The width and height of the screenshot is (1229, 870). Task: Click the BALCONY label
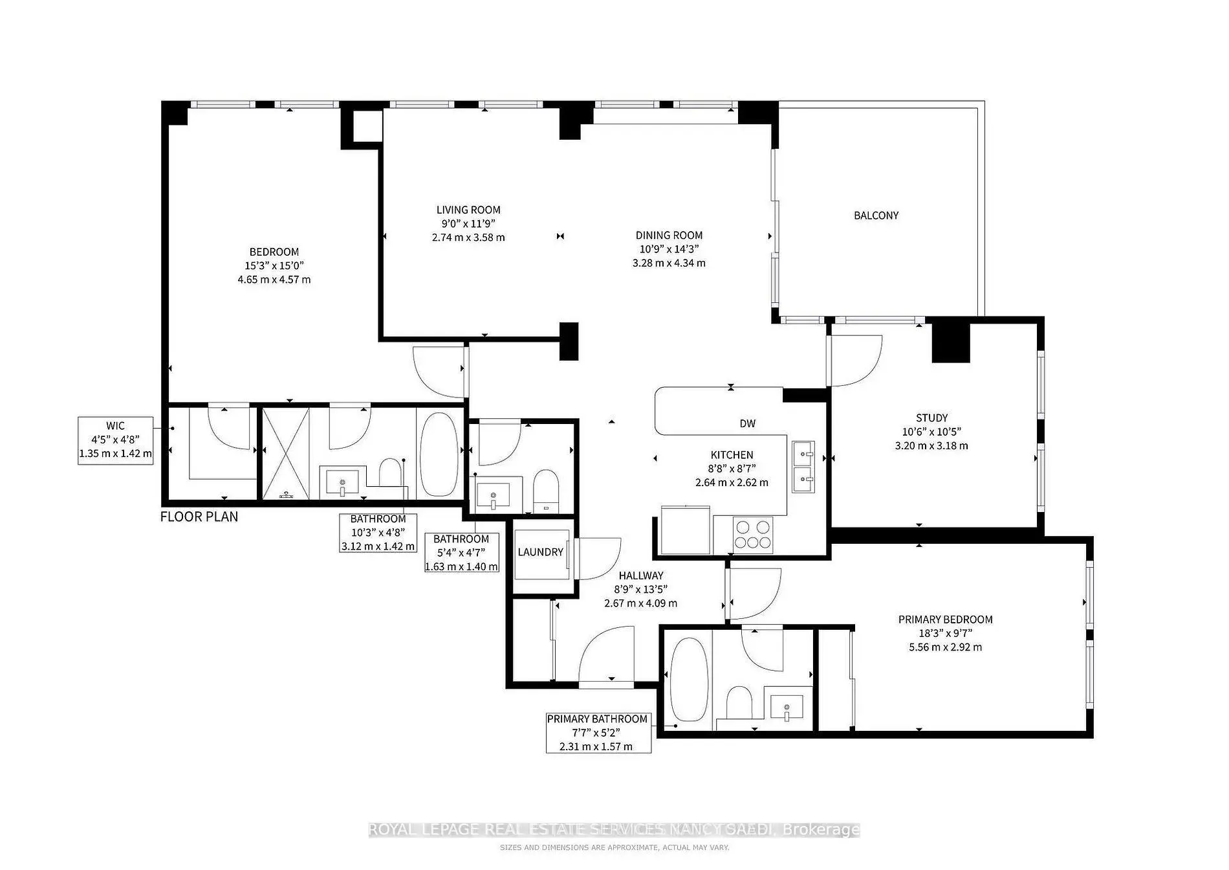(876, 216)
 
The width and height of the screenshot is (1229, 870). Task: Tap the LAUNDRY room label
(540, 552)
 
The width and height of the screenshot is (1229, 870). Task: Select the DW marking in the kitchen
(747, 424)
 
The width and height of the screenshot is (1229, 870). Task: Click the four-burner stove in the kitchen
(753, 535)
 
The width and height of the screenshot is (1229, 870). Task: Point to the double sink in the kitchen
(803, 467)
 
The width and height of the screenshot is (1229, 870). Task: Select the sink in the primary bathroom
(787, 707)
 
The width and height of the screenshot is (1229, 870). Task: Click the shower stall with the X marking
(285, 453)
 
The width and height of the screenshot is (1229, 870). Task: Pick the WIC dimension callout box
(116, 441)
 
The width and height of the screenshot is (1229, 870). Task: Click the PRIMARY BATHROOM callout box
(598, 733)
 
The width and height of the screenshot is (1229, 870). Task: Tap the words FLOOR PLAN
(199, 517)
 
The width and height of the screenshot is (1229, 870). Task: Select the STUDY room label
(931, 418)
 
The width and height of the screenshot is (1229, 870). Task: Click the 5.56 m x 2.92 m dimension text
(945, 647)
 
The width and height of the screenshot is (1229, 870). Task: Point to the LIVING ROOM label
(468, 210)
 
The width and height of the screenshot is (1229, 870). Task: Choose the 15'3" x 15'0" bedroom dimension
(274, 265)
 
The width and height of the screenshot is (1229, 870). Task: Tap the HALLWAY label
(641, 575)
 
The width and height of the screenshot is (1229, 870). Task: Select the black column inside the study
(951, 342)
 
